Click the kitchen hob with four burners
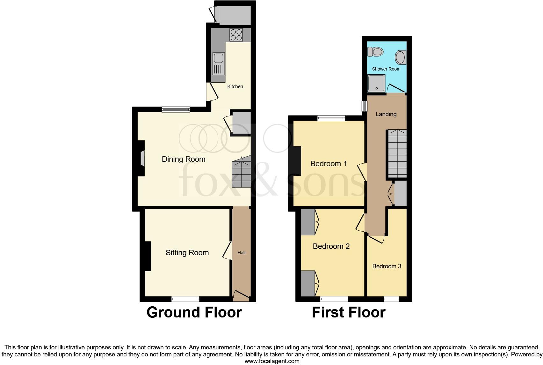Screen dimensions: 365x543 coord(236,35)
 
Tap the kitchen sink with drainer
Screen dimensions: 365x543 coord(219,64)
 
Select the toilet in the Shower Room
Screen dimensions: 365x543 coord(375,51)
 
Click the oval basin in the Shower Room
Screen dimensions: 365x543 coord(401,58)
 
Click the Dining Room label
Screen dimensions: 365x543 coord(184,159)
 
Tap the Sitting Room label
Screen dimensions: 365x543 coord(187,253)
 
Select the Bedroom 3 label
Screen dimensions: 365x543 coord(387,266)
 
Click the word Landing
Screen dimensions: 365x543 coord(386,114)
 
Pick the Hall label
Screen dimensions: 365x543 coord(241,253)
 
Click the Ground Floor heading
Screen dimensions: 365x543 coord(194,312)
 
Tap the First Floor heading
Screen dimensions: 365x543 coord(349,312)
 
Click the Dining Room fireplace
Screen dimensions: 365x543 coord(142,158)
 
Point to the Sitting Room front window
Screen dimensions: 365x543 coord(185,299)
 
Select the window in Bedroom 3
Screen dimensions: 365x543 coord(391,299)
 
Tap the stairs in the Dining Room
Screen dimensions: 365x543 coord(241,174)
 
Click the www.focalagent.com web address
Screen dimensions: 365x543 coord(272,361)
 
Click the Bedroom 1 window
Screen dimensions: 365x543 coord(331,118)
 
